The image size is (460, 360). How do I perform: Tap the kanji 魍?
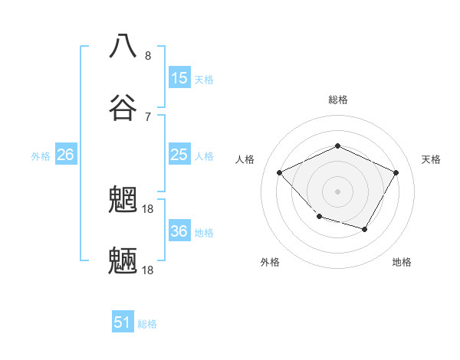(x=123, y=201)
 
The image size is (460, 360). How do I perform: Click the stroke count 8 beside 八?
(x=148, y=56)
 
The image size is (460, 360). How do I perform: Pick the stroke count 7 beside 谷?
(x=148, y=117)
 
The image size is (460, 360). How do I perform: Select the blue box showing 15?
(x=179, y=78)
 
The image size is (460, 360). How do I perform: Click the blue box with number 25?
(x=179, y=155)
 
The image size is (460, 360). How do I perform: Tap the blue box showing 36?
(x=179, y=231)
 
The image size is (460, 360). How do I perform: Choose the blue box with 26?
(x=65, y=155)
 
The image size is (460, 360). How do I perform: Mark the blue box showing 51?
(x=123, y=322)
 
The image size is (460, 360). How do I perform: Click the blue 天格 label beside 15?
(x=204, y=79)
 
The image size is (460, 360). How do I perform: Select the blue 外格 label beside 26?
(x=41, y=156)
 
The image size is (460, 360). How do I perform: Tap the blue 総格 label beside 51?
(x=147, y=324)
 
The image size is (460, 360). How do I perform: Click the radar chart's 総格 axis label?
(x=337, y=100)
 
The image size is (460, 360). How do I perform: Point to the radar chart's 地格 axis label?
(x=402, y=262)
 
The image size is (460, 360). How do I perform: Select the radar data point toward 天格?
(x=396, y=172)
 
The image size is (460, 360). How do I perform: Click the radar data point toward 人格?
(x=280, y=172)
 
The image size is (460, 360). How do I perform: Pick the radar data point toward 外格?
(x=320, y=217)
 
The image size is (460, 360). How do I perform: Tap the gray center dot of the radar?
(x=337, y=191)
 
